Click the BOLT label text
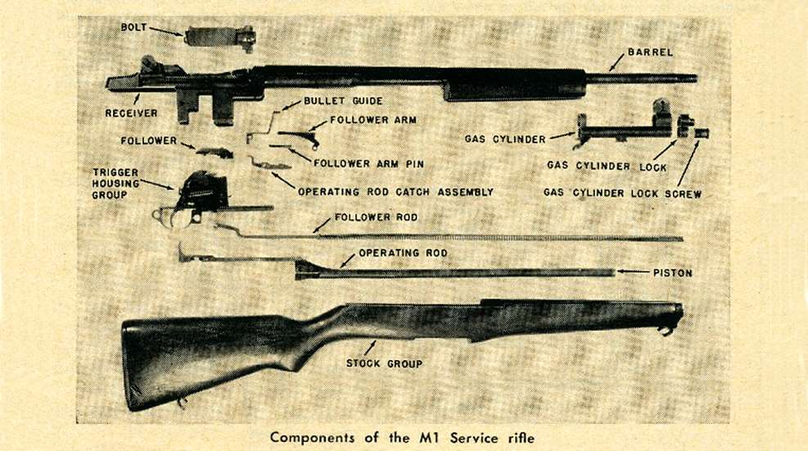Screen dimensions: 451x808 (135, 27)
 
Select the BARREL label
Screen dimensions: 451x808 (651, 52)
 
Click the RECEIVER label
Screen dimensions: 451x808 (131, 113)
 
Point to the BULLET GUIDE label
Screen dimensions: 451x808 (343, 101)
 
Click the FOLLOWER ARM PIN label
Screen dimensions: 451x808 (368, 163)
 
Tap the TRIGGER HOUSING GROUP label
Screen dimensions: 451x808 (115, 184)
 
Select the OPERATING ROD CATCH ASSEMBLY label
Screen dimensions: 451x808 (395, 192)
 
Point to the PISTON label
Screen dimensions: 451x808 (671, 273)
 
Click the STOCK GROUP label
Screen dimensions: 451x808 (384, 363)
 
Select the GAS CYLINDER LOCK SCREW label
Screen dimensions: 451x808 (623, 195)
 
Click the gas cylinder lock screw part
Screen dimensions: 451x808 (702, 133)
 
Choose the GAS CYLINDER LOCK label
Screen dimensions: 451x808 (607, 166)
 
